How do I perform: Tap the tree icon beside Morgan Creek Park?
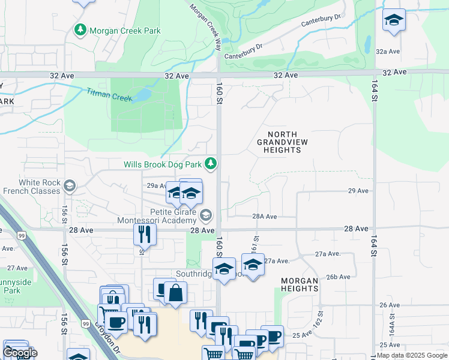click(80, 29)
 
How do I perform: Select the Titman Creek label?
click(108, 95)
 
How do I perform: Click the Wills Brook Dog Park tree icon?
click(211, 163)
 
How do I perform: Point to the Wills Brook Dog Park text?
click(162, 164)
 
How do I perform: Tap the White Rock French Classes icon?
click(70, 186)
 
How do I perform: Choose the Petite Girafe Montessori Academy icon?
click(206, 215)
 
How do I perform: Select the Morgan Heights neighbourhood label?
click(299, 284)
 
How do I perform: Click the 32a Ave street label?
click(388, 52)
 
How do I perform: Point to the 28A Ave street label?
click(264, 217)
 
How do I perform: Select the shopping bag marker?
click(175, 293)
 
